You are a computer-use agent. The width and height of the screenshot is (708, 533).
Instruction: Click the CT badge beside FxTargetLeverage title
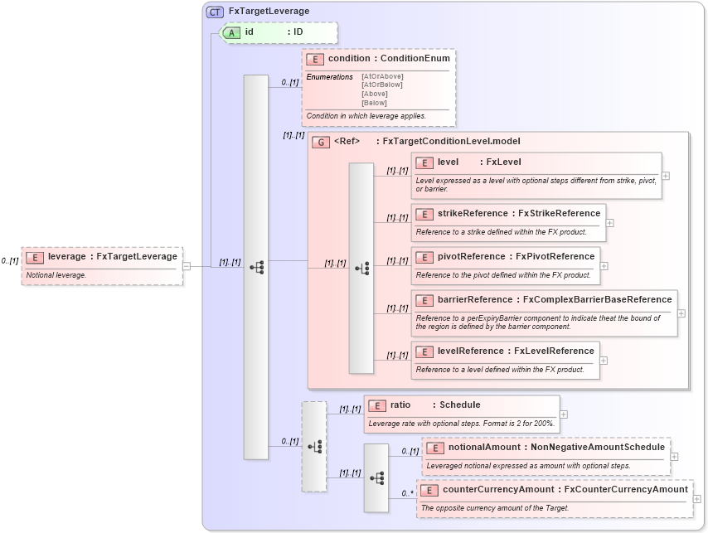point(216,12)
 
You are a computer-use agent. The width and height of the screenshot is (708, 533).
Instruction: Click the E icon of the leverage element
point(35,257)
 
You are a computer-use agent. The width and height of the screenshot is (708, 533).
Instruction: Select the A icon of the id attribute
point(231,32)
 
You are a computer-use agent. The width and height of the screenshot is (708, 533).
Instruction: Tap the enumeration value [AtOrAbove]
point(382,76)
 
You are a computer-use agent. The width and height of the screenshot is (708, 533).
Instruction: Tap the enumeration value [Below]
point(374,103)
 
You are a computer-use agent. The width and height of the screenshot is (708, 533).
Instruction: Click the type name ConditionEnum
point(415,59)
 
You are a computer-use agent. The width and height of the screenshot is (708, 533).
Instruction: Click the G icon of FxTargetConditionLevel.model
point(321,142)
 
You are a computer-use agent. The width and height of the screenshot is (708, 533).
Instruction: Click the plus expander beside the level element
point(666,176)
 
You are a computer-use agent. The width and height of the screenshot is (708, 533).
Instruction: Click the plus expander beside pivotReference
point(604,266)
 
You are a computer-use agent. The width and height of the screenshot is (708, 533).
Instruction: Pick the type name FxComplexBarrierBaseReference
point(597,300)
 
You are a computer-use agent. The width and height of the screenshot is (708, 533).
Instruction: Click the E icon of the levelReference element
point(424,351)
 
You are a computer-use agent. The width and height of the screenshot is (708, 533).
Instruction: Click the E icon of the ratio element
point(376,405)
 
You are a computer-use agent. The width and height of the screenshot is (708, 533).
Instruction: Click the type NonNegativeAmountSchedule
point(597,448)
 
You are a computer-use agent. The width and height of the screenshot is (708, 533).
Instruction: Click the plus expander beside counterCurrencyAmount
point(696,499)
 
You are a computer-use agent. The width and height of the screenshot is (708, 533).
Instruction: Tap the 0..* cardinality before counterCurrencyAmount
point(407,493)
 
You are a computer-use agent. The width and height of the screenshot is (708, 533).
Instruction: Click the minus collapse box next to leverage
point(187,266)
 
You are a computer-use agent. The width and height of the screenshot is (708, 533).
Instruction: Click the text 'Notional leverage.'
point(56,274)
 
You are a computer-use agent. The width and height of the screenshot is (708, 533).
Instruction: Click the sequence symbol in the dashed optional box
point(314,446)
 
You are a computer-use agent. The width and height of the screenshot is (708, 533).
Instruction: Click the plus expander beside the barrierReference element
point(681,313)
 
